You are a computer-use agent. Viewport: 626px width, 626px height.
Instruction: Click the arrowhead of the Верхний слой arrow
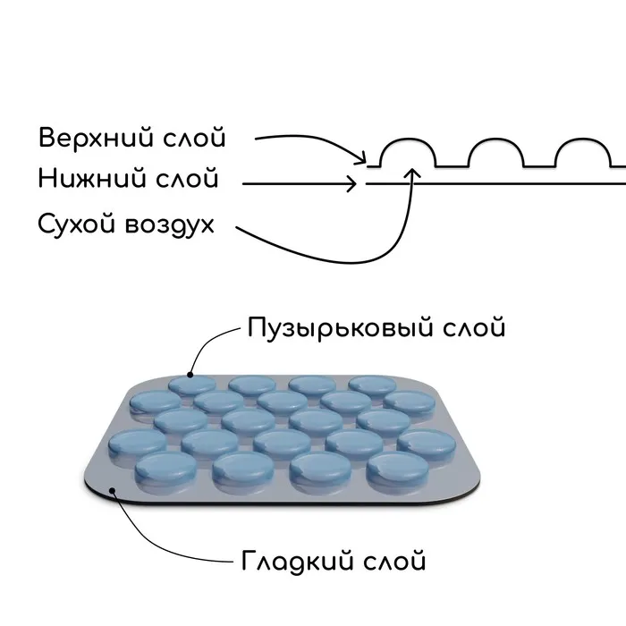(363, 161)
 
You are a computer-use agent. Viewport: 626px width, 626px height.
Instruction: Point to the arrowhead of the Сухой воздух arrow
(412, 169)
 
